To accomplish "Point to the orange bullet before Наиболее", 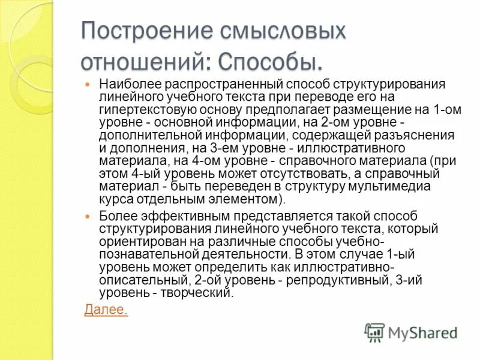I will [88, 85].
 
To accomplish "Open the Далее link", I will [106, 310].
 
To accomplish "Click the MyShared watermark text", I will [423, 332].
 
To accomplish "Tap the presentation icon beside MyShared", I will [374, 332].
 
